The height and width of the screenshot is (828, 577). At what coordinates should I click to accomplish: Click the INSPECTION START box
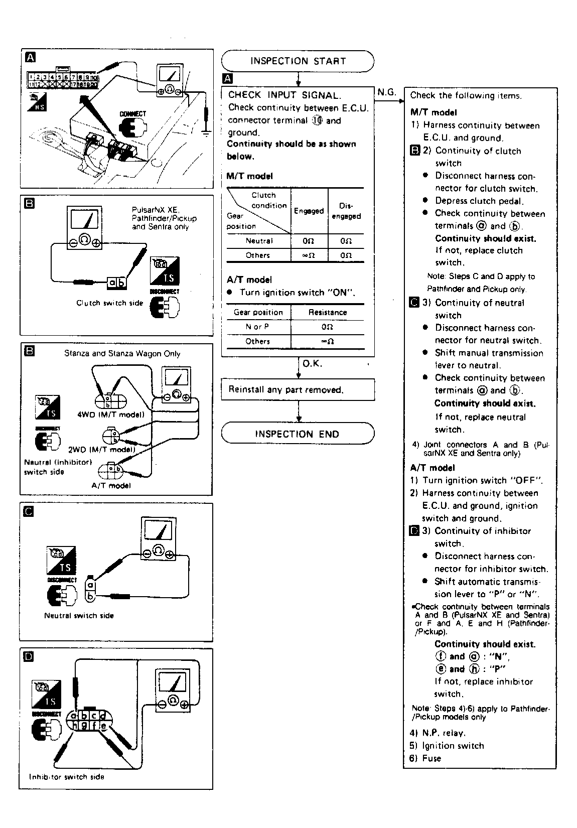tap(298, 61)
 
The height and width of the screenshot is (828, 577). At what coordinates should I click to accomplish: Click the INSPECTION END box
tap(298, 434)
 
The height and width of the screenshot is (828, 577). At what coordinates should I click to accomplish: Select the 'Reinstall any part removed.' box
tap(298, 389)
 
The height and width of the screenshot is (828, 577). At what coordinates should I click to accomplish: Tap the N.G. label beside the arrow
tap(386, 92)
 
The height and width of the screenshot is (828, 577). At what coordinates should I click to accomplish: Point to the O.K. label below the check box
tap(312, 363)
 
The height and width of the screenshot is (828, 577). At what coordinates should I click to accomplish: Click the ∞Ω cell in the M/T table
tap(309, 255)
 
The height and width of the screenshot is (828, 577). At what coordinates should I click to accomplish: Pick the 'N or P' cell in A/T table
tap(258, 327)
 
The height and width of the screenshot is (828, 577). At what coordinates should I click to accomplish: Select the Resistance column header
tap(328, 312)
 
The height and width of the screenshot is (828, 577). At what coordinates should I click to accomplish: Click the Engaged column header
tap(309, 211)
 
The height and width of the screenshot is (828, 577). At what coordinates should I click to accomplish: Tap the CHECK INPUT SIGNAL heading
tap(284, 95)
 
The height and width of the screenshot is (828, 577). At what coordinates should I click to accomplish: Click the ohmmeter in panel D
tap(173, 690)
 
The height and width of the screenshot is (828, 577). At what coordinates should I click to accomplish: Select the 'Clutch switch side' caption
tap(109, 303)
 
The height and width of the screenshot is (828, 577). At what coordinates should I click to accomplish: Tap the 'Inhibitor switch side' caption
tap(67, 777)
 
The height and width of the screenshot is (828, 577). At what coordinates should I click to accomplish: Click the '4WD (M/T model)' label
tap(111, 415)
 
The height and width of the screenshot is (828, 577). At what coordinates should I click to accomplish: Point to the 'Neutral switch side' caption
tap(79, 615)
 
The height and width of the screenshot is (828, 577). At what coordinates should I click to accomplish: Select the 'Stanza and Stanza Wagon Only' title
tap(122, 353)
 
